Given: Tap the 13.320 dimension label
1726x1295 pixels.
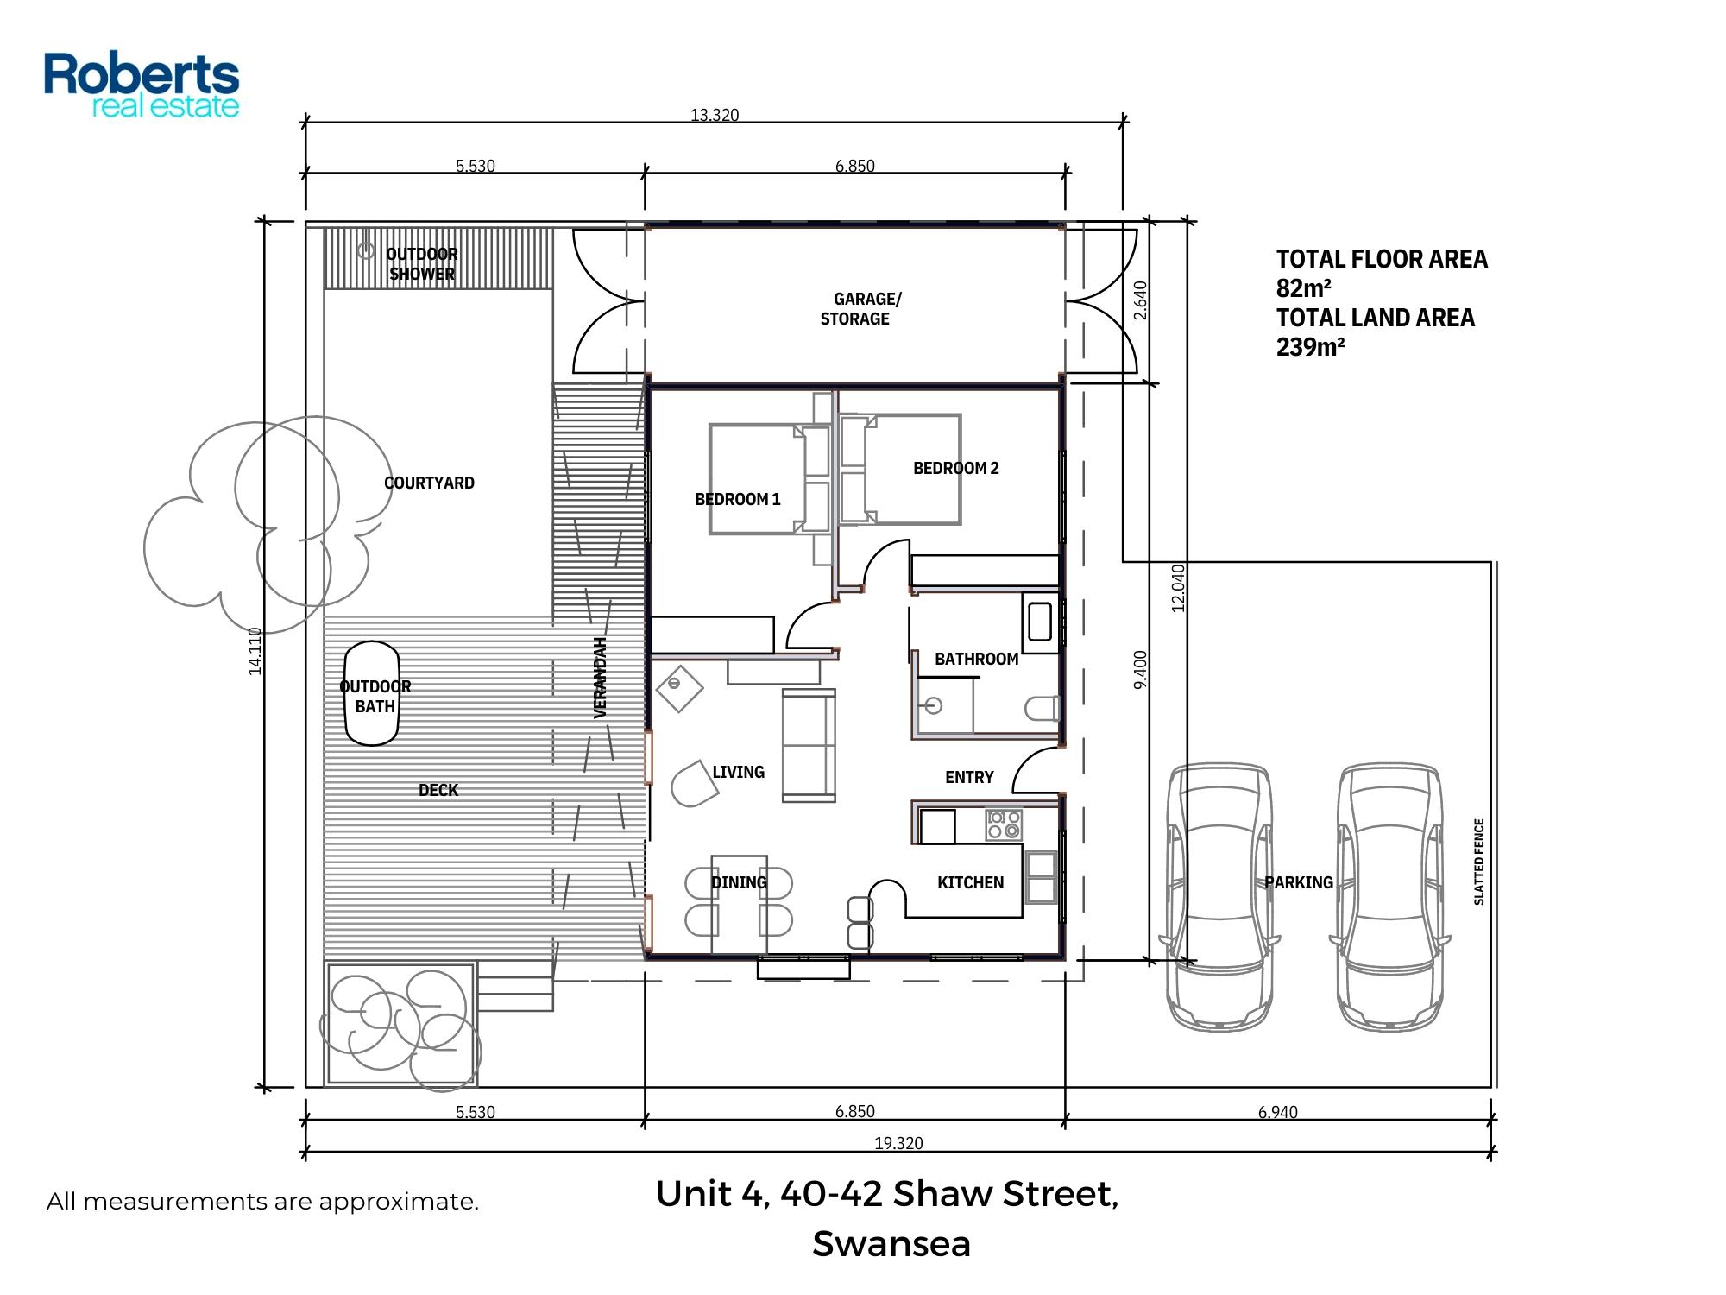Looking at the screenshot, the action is pyautogui.click(x=715, y=115).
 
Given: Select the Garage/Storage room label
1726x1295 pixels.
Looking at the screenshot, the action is pyautogui.click(x=860, y=309).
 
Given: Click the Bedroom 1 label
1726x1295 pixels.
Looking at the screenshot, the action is pyautogui.click(x=738, y=499).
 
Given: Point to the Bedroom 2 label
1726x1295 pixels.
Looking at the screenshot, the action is pyautogui.click(x=956, y=468).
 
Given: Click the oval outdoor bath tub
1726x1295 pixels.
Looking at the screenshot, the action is pyautogui.click(x=372, y=693).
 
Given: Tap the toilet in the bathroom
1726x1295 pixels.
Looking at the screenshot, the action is pyautogui.click(x=1043, y=709).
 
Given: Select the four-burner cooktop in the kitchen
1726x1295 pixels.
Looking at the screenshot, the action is pyautogui.click(x=1005, y=824).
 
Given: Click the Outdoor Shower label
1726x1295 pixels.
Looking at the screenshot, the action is pyautogui.click(x=422, y=263).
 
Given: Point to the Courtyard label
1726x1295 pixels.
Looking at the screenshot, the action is pyautogui.click(x=429, y=483).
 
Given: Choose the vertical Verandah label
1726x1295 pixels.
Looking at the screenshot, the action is pyautogui.click(x=601, y=678).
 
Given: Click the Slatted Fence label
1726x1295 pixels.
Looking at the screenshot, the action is pyautogui.click(x=1479, y=862).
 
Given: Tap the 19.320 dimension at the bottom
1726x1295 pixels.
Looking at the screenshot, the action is pyautogui.click(x=898, y=1143).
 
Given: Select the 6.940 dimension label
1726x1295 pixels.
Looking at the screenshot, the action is pyautogui.click(x=1277, y=1112).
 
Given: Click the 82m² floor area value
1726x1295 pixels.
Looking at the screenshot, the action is pyautogui.click(x=1304, y=288).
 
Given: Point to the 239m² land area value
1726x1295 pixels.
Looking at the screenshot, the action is pyautogui.click(x=1311, y=347).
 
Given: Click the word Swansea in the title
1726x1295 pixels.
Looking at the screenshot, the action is pyautogui.click(x=891, y=1244).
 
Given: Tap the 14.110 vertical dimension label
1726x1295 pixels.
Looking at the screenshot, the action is pyautogui.click(x=255, y=651).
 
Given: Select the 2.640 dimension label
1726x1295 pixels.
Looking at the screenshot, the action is pyautogui.click(x=1140, y=300).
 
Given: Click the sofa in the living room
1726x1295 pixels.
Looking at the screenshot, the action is pyautogui.click(x=809, y=745).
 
